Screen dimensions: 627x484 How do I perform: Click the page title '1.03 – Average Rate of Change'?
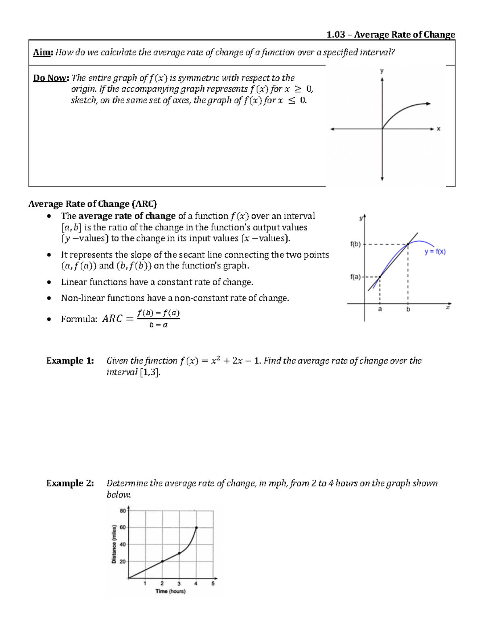point(390,35)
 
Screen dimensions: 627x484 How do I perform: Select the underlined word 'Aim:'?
point(43,52)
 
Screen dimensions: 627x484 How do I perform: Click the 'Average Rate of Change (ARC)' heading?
point(92,204)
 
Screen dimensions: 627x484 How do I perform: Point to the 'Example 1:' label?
point(70,361)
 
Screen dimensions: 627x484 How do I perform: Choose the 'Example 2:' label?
point(70,483)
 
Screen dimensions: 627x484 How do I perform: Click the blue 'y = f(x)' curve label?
point(435,252)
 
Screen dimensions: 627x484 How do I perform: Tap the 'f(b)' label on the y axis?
point(355,244)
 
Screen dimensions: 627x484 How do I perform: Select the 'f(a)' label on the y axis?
point(355,277)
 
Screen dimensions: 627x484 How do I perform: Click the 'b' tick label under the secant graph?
point(408,310)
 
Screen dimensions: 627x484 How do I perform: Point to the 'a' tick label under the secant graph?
point(380,310)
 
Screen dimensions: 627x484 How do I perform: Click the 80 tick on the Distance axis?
point(123,511)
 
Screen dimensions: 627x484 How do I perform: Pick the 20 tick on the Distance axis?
point(123,562)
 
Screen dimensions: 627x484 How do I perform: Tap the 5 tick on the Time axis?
point(213,583)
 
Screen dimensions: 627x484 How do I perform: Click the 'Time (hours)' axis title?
point(171,591)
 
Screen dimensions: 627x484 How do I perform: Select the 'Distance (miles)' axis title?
point(114,544)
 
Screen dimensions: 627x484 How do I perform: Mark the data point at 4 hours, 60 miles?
point(196,527)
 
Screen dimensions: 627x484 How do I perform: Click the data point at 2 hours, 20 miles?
point(162,561)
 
